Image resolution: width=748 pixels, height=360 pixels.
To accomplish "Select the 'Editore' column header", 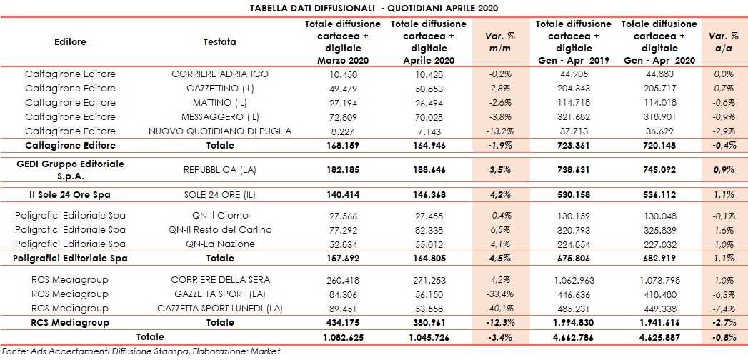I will click(x=70, y=42).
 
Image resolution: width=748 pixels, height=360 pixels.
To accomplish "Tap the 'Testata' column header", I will click(x=219, y=42).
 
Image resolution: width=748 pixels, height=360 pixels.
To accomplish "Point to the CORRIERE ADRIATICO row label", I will click(x=219, y=74).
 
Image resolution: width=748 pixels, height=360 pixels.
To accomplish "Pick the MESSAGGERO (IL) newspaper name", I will click(x=219, y=117).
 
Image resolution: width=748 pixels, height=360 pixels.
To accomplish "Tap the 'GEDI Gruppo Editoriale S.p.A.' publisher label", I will click(x=70, y=169).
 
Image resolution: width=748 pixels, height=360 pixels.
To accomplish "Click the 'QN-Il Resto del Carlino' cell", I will click(x=219, y=230).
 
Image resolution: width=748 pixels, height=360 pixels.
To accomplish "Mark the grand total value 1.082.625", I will click(x=344, y=337).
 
